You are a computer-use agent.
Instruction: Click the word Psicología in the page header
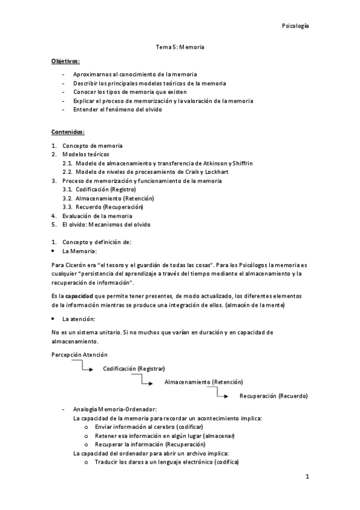296,26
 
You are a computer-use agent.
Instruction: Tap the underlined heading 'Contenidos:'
68,132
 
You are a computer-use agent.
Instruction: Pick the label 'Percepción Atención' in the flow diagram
77,354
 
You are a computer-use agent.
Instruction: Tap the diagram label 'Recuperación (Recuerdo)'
273,396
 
